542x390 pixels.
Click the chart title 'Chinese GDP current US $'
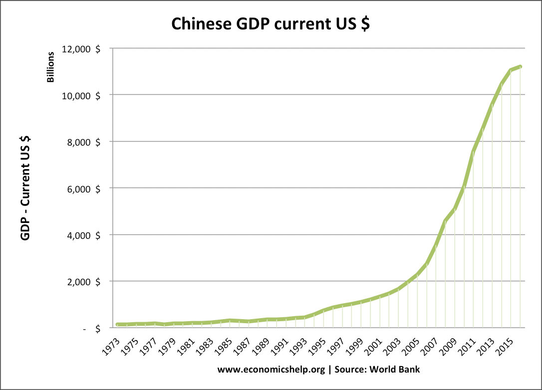point(271,24)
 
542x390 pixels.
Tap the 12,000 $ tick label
point(81,49)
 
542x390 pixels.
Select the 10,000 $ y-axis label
point(81,96)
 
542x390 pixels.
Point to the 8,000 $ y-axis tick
point(83,142)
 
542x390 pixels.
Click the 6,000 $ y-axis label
point(83,189)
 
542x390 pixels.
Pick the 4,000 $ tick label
point(83,235)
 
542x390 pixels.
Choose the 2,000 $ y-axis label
point(83,282)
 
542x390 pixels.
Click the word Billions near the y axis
point(50,67)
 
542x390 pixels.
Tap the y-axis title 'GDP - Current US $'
point(25,188)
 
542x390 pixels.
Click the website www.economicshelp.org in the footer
point(271,370)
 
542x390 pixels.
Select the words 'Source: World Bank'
point(377,369)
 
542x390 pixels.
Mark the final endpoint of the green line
point(520,67)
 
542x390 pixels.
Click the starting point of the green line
point(118,324)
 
